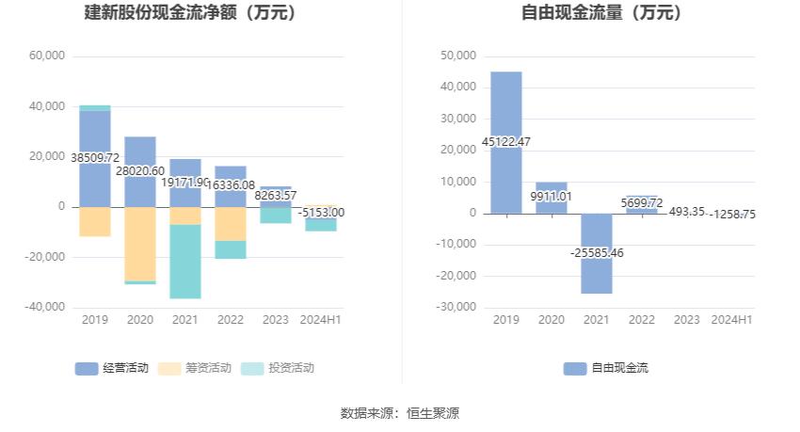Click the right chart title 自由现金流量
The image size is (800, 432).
(x=602, y=13)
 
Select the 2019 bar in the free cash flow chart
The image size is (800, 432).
(x=505, y=113)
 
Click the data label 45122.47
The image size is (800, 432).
(x=505, y=142)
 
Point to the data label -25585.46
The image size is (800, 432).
(x=597, y=253)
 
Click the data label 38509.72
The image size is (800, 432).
(x=95, y=158)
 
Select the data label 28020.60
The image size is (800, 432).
(x=140, y=171)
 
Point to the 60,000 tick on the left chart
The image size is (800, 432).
(x=47, y=56)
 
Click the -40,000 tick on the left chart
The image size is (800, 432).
(x=45, y=307)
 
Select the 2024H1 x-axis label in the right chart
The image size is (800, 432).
(x=731, y=320)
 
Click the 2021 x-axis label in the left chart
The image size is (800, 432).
(x=185, y=320)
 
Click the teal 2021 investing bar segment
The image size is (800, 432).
(x=185, y=262)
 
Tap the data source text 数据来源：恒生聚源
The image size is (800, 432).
(x=400, y=412)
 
